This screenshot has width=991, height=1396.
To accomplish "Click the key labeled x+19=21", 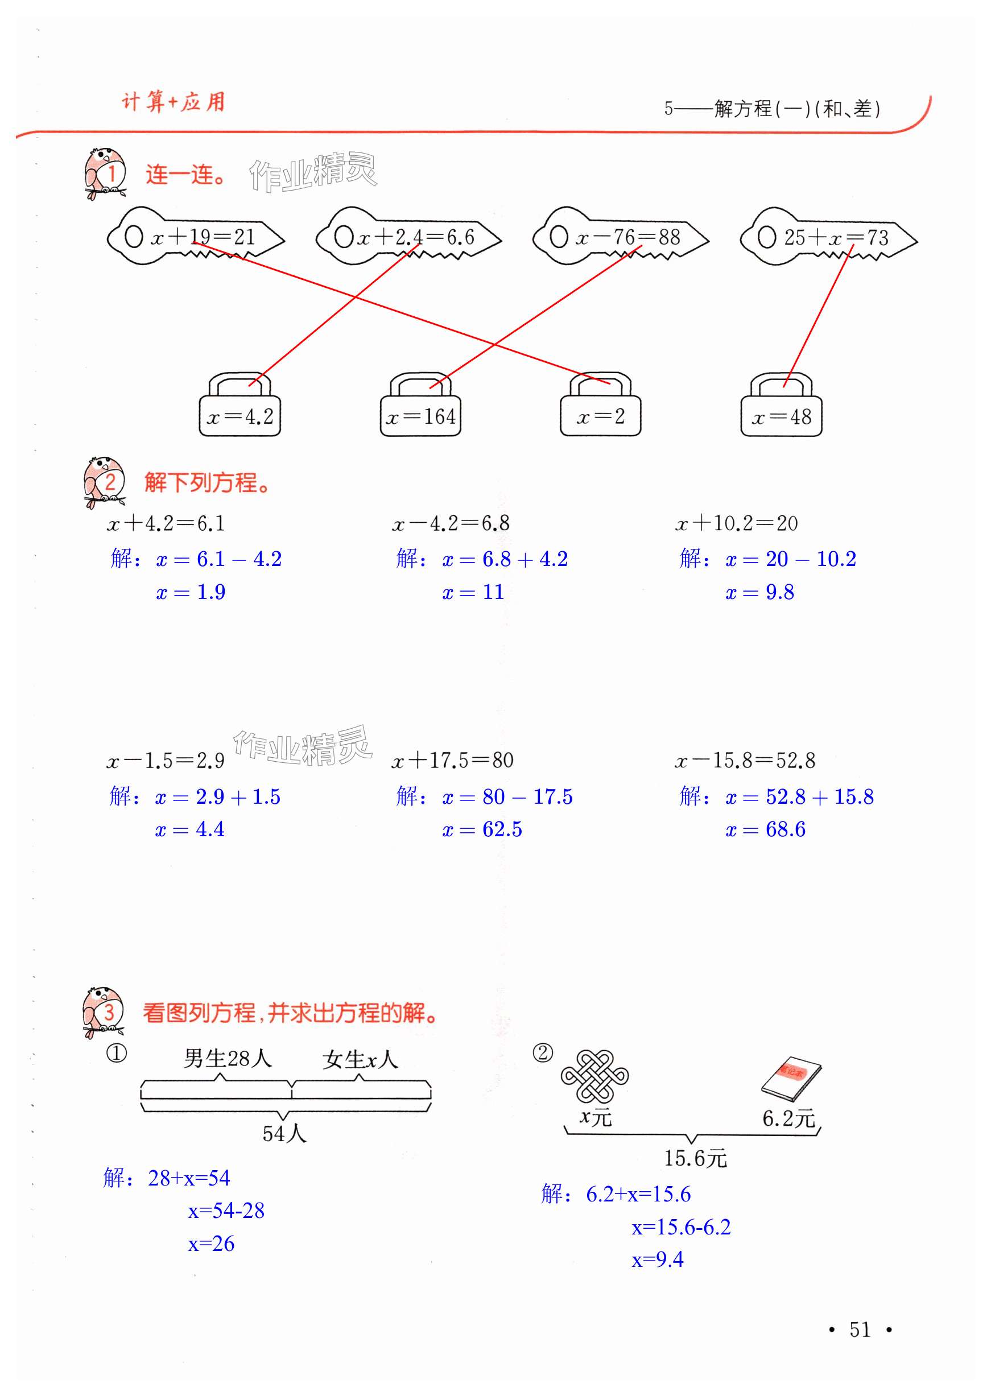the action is pyautogui.click(x=195, y=237).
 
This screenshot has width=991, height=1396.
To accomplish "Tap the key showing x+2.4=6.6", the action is pyautogui.click(x=408, y=237).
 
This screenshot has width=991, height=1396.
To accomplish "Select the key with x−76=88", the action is pyautogui.click(x=620, y=237).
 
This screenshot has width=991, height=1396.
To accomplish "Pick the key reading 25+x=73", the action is pyautogui.click(x=828, y=237).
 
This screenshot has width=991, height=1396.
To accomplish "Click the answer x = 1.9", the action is pyautogui.click(x=191, y=592).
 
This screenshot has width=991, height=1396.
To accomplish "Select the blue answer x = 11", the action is pyautogui.click(x=473, y=592).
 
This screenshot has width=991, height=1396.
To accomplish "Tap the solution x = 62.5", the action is pyautogui.click(x=482, y=829).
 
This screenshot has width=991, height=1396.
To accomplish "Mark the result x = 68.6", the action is pyautogui.click(x=765, y=829).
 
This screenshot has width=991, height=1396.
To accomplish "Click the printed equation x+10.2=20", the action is pyautogui.click(x=737, y=523).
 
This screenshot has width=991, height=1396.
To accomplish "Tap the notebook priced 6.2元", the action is pyautogui.click(x=791, y=1079).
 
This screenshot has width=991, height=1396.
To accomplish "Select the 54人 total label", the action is pyautogui.click(x=284, y=1134).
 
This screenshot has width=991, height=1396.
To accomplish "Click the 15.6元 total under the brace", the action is pyautogui.click(x=695, y=1158).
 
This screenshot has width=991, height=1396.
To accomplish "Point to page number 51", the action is pyautogui.click(x=860, y=1329).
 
